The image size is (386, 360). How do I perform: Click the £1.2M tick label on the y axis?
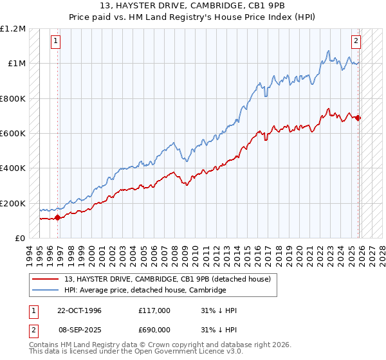[x=14, y=29]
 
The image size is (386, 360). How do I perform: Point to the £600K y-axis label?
[x=14, y=134]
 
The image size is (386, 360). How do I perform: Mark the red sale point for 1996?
[x=58, y=217]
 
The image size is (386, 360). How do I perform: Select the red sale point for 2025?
[x=358, y=118]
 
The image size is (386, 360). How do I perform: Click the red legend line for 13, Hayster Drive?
[x=47, y=279]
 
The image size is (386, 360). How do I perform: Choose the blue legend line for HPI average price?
[x=47, y=290]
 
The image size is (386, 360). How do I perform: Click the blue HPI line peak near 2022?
[x=328, y=50]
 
